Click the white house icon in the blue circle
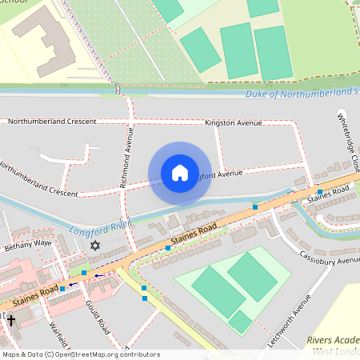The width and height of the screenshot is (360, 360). point(180,173)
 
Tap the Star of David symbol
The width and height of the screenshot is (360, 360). point(96,245)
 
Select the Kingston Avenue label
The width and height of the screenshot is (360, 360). point(234,123)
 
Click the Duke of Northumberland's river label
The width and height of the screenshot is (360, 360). point(301,93)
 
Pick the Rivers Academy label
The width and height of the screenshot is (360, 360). point(333,340)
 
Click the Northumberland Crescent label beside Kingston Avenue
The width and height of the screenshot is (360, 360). point(52,122)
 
